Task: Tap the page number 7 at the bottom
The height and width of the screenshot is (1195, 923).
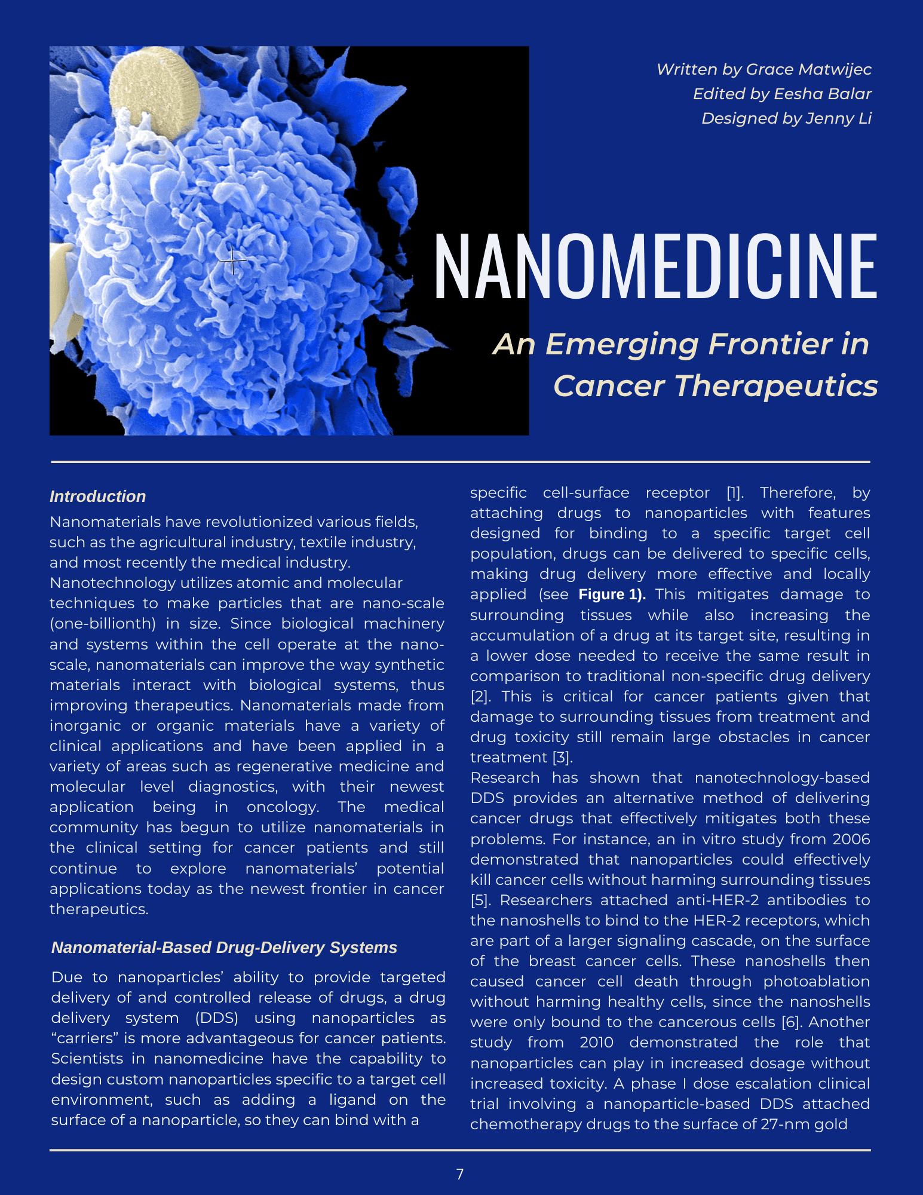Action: [x=460, y=1174]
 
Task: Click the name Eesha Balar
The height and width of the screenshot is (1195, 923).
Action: [x=823, y=94]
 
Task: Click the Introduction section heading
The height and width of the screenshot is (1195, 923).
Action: [x=97, y=497]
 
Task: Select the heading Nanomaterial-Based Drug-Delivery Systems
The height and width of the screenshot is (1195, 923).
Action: [x=224, y=948]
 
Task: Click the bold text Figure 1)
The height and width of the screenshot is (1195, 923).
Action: [x=612, y=595]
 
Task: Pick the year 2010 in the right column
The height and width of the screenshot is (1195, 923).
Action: [x=596, y=1043]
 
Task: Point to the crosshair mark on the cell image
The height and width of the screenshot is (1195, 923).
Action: [x=232, y=261]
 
